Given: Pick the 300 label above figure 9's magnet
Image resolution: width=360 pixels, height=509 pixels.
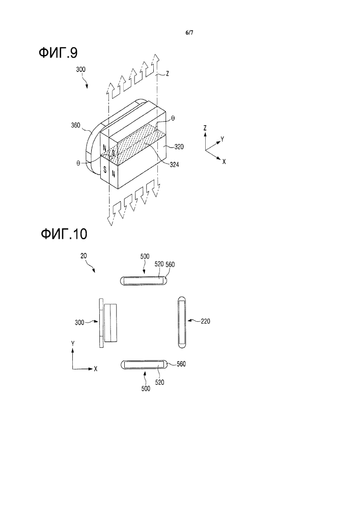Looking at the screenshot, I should click(81, 72).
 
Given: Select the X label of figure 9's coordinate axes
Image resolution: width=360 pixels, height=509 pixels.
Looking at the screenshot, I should click(225, 160).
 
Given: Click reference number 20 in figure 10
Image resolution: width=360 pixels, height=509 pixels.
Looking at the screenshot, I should click(84, 257).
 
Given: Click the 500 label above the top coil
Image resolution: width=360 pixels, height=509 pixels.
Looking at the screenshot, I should click(146, 257).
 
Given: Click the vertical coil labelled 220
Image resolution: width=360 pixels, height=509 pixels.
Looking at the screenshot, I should click(182, 322).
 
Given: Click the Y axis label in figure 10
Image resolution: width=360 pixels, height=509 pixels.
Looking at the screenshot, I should click(73, 344).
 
